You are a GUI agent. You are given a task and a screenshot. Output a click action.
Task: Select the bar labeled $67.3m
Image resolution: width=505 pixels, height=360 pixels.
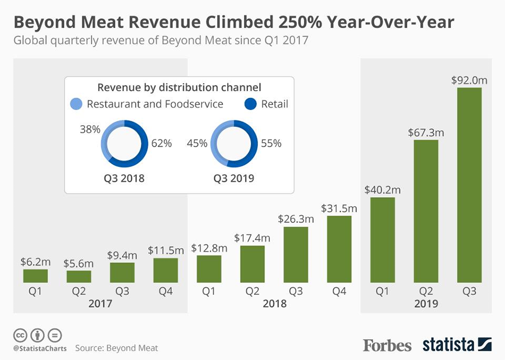(426, 211)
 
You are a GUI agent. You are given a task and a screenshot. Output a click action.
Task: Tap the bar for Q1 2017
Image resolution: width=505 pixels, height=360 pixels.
(35, 276)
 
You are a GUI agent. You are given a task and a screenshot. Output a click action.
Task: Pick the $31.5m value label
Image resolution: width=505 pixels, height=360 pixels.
(339, 208)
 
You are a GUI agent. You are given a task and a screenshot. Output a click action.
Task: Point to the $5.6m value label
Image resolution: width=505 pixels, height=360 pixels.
(79, 263)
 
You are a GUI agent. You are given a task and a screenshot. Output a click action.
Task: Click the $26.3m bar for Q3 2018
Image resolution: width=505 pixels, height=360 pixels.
(296, 254)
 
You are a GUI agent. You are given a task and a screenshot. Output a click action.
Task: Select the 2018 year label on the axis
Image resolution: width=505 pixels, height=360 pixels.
(274, 304)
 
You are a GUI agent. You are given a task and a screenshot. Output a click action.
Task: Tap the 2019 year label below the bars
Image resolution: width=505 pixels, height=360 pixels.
(426, 304)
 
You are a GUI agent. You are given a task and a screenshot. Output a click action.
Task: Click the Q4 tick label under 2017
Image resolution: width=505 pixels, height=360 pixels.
(166, 291)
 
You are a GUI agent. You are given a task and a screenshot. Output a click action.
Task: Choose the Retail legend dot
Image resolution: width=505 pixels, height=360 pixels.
(250, 104)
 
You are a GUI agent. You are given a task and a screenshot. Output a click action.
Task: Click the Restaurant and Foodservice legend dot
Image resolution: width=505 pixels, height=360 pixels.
(76, 104)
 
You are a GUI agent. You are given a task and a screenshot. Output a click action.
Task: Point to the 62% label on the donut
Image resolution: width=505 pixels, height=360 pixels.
(161, 143)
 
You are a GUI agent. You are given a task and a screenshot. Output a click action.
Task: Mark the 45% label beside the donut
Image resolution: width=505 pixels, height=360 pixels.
(197, 143)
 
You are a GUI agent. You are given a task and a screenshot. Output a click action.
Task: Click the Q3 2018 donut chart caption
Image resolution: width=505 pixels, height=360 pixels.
(124, 179)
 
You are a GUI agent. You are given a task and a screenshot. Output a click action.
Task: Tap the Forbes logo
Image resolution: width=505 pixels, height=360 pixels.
(387, 344)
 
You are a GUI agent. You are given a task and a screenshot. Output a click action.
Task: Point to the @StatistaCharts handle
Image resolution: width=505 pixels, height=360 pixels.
(39, 349)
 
